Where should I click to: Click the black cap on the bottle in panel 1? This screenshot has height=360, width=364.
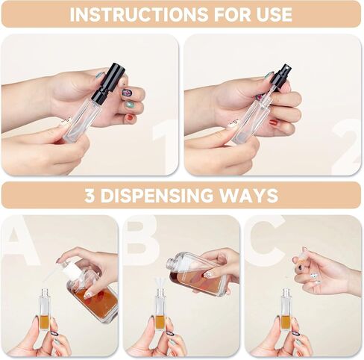(x=108, y=83)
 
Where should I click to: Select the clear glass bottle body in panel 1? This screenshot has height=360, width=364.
(x=82, y=120)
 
